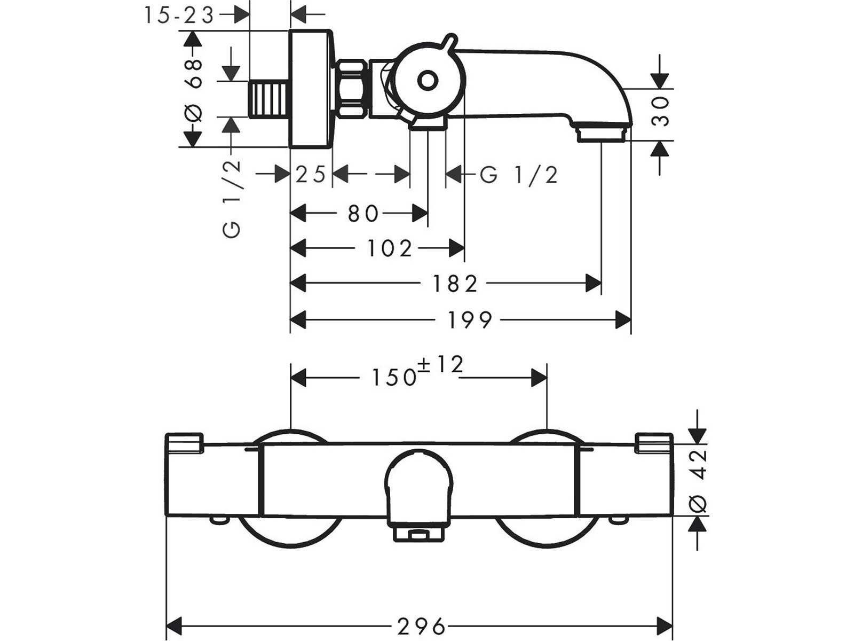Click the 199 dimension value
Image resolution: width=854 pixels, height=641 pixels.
click(x=469, y=320)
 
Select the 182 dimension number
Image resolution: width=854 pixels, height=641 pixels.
click(x=455, y=284)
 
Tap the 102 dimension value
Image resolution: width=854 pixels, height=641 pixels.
click(x=390, y=248)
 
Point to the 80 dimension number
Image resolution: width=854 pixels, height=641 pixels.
click(x=363, y=214)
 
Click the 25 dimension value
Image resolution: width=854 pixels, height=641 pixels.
click(x=311, y=175)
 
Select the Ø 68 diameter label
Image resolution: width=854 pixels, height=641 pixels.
click(x=194, y=89)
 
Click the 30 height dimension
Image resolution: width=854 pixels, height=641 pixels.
click(x=661, y=111)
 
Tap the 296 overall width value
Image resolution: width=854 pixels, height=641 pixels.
click(x=421, y=625)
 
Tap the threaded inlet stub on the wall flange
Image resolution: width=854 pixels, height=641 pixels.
click(x=269, y=100)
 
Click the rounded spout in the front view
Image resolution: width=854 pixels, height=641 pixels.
click(x=418, y=489)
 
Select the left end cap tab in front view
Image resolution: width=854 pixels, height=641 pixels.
click(x=184, y=443)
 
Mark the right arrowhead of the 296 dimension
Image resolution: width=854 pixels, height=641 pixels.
click(x=665, y=624)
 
